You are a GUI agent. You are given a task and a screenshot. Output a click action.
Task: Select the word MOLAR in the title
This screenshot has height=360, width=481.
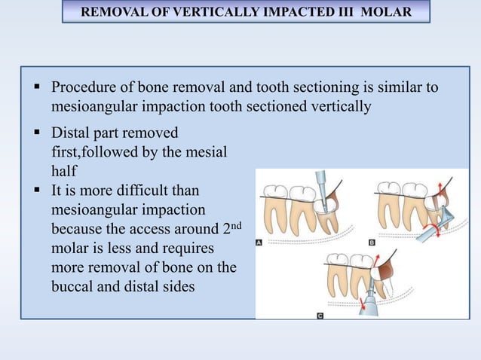point(386,13)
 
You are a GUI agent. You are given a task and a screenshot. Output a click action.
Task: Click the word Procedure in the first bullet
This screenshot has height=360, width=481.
point(83,88)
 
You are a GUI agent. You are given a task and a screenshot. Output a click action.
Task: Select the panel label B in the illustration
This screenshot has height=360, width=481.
point(371,243)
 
